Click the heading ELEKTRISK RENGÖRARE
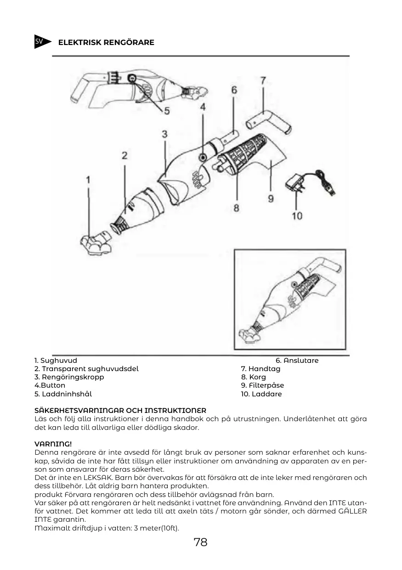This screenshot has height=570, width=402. pos(106,43)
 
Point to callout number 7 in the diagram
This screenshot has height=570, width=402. pos(263,80)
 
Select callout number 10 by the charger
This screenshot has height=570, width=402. pos(297,215)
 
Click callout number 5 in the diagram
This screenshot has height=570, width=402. pos(167,111)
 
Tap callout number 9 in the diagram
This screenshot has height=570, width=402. pos(271,198)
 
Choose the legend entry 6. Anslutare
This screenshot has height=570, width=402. pos(297,361)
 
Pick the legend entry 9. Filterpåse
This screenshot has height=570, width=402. pos(262,385)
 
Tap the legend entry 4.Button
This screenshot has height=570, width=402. pos(50,385)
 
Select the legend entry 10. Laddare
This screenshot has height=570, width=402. pos(261,394)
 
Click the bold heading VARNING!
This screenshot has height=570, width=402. pos(53,444)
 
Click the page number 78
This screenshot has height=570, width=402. pos(201,542)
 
